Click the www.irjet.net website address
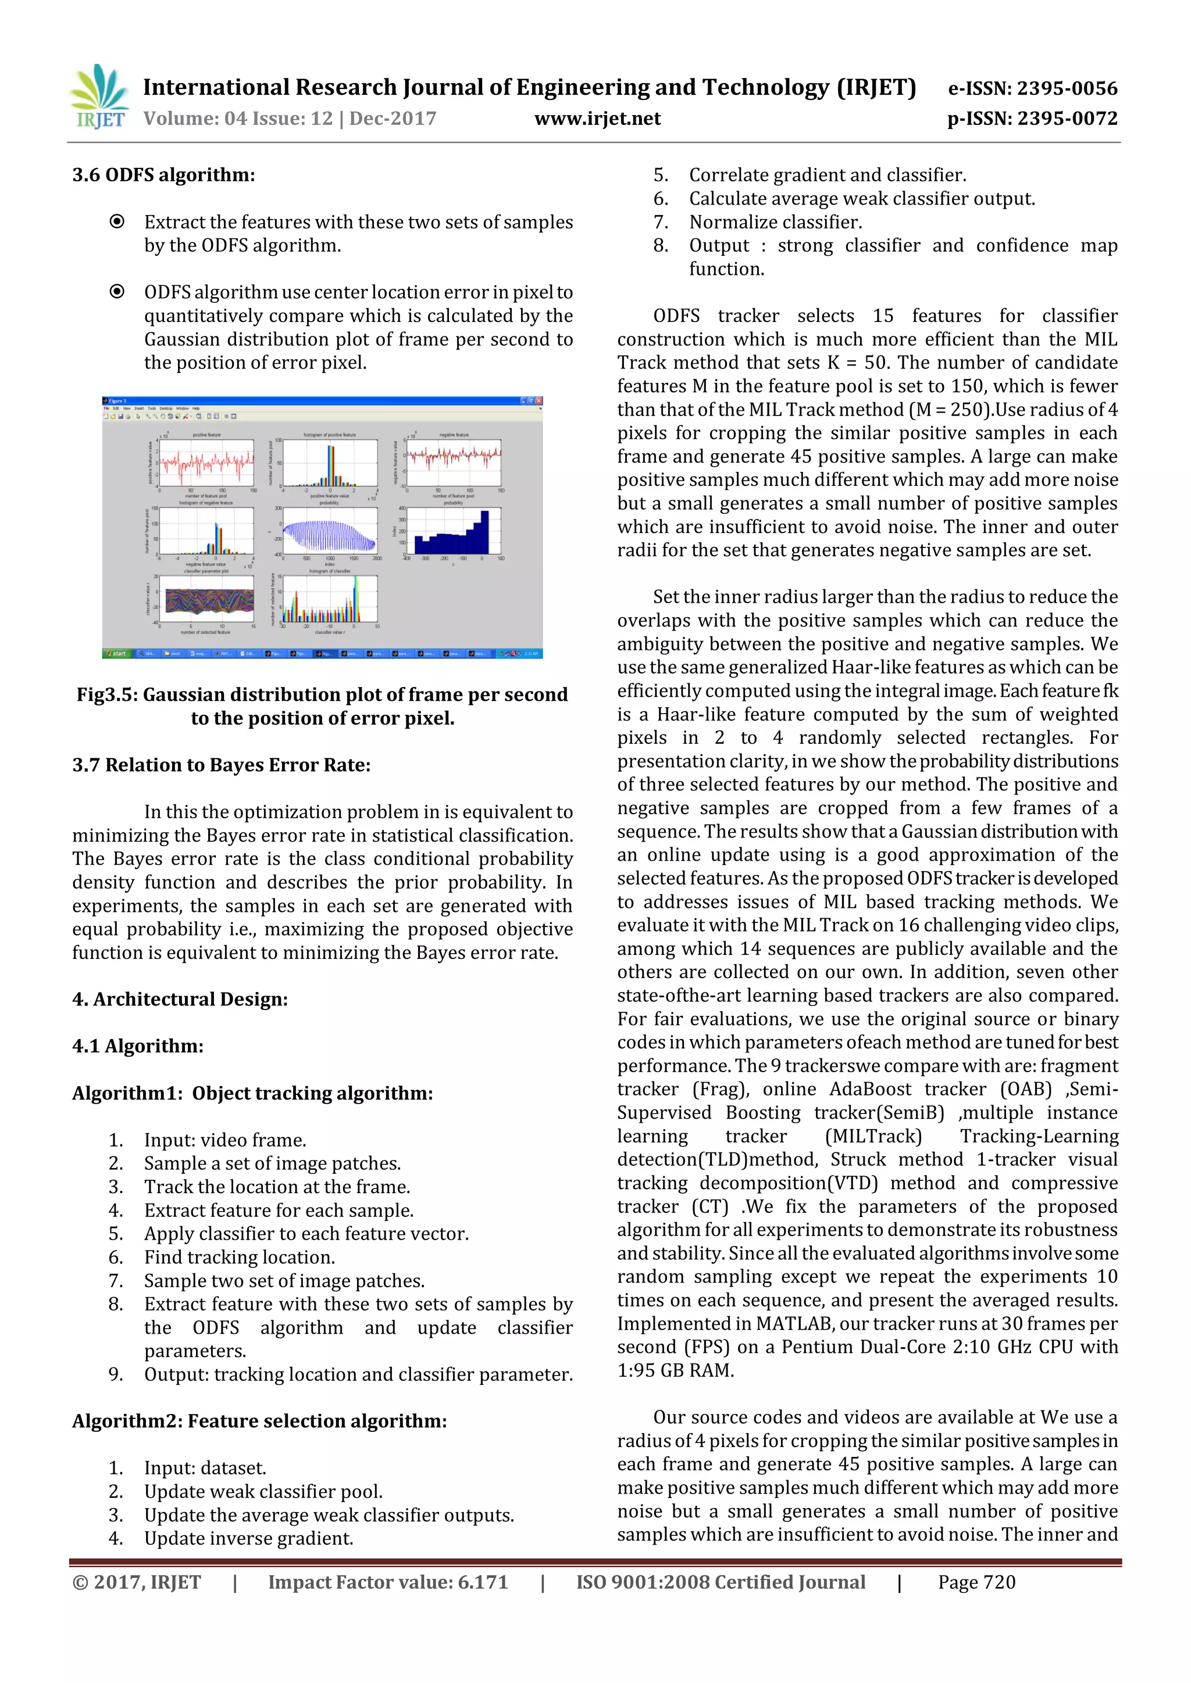[597, 119]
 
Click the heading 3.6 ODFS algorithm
[163, 175]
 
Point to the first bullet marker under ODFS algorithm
[117, 221]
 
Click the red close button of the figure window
[539, 401]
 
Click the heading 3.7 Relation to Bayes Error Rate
[221, 765]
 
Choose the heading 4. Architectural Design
[180, 1000]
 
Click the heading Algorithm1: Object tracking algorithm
[252, 1094]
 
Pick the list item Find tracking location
[239, 1258]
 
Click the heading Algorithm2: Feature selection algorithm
[259, 1421]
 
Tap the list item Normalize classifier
[775, 222]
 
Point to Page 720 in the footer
[976, 1582]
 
